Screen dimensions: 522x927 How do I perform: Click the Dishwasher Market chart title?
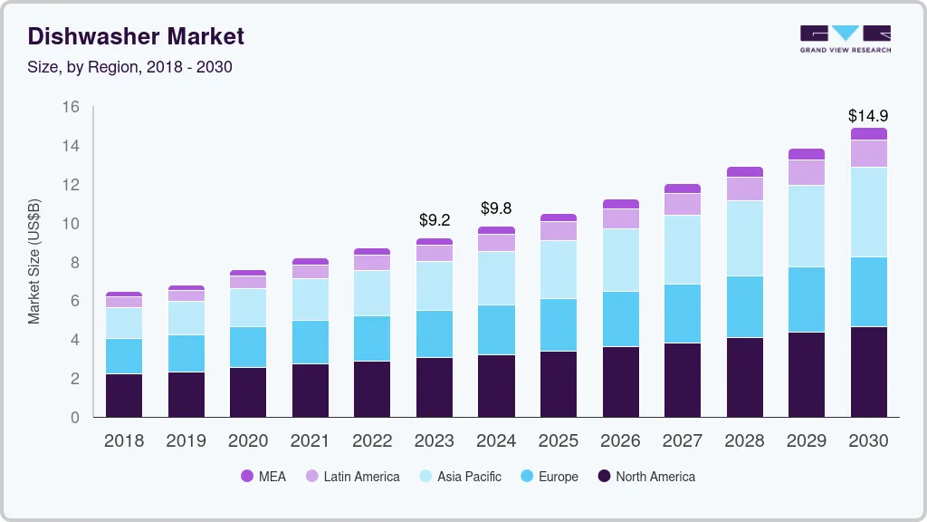136,37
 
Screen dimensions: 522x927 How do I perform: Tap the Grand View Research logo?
845,38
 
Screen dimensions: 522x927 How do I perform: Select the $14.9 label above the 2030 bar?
867,116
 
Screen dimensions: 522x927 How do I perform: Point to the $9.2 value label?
434,220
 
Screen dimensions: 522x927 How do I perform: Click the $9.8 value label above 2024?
496,208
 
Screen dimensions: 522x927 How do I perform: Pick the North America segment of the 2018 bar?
124,395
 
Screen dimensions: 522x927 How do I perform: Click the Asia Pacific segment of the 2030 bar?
867,212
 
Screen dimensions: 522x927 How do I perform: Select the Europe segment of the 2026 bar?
620,319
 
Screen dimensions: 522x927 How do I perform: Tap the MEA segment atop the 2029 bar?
806,154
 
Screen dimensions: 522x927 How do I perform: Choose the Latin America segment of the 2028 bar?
744,188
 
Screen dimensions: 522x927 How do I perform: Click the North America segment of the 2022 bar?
372,389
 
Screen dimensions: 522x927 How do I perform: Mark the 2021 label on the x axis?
310,440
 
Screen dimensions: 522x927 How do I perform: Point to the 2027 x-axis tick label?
682,440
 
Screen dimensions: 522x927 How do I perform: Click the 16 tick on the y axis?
71,107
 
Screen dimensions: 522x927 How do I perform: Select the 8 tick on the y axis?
75,263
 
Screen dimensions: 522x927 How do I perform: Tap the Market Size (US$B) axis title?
34,261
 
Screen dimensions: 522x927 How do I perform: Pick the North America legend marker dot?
604,477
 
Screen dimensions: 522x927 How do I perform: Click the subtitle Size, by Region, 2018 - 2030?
129,67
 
